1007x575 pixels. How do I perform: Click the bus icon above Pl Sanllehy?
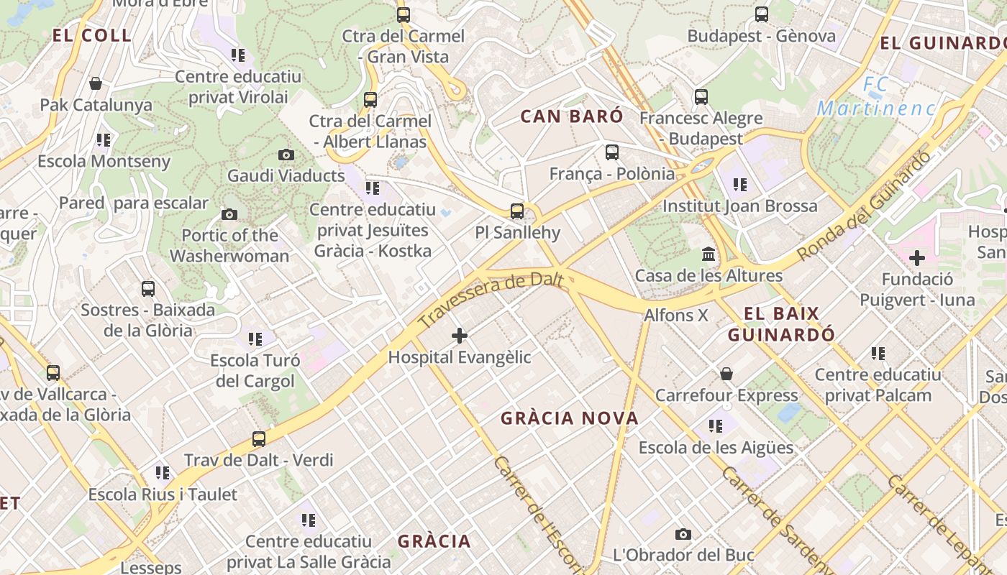pos(517,211)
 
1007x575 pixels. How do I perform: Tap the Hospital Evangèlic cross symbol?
pos(460,335)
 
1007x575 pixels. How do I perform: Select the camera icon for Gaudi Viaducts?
pos(286,155)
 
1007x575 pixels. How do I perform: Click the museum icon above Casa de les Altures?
pos(708,254)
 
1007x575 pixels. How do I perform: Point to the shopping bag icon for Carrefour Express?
pos(726,374)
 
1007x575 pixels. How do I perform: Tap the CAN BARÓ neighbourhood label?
pos(572,116)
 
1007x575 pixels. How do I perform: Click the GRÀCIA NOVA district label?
pos(569,418)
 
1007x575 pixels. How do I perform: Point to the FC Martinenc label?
pos(876,98)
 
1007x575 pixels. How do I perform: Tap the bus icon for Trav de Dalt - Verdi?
pos(259,438)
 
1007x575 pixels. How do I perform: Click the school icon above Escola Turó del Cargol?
pos(255,339)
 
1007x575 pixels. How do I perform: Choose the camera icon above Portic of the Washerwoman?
pos(229,214)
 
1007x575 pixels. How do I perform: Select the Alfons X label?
pos(676,315)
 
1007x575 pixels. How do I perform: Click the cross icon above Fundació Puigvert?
pos(917,257)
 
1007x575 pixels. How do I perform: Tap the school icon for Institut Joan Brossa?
pos(740,185)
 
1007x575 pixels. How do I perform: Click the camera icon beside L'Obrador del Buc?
pos(683,534)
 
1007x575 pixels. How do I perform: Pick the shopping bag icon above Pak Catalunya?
pos(96,83)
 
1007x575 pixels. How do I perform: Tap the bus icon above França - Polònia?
pos(612,152)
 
